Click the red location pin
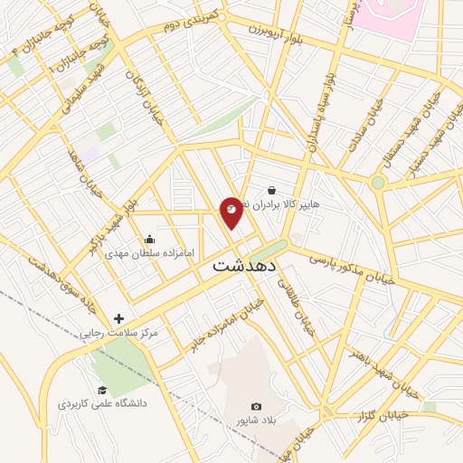click(x=231, y=212)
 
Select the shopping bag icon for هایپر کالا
click(x=271, y=191)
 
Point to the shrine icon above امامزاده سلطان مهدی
click(x=149, y=240)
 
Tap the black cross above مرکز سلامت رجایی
click(x=118, y=318)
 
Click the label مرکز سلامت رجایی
click(x=118, y=333)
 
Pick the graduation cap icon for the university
click(x=102, y=390)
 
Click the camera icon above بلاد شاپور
click(x=256, y=407)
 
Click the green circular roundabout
click(x=378, y=183)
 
